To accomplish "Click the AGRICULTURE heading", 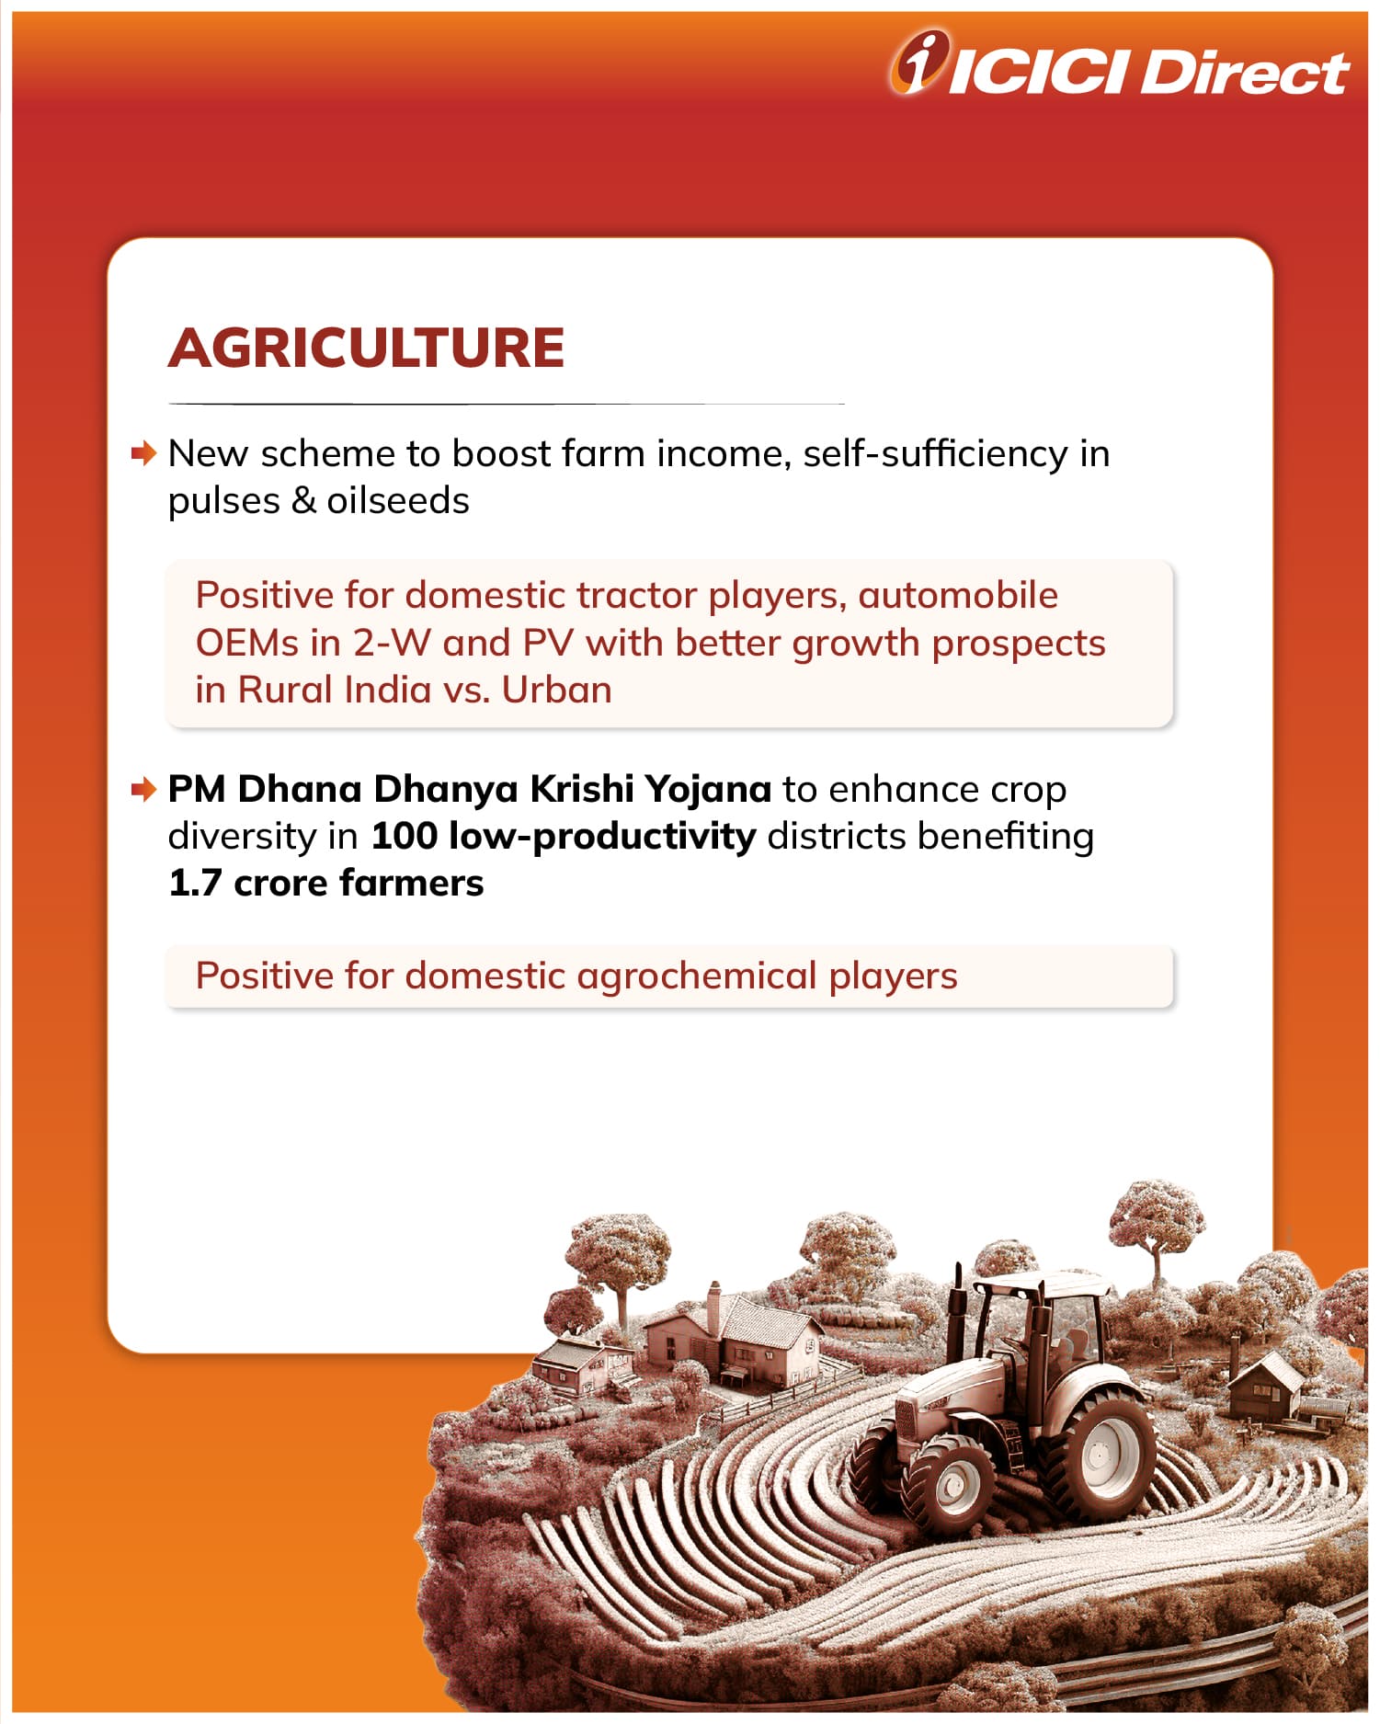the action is pos(366,348).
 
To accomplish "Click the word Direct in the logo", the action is pos(1244,72).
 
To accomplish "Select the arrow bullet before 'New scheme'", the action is pos(144,453).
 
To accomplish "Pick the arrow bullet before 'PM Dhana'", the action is pos(144,789).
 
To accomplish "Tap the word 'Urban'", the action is pos(557,690).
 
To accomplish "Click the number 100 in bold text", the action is pos(405,837).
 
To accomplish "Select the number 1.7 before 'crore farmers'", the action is pos(196,884).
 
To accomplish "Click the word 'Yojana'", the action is pos(707,790).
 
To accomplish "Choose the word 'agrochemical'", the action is pos(697,976).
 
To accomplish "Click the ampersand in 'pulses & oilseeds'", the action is pos(304,501).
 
